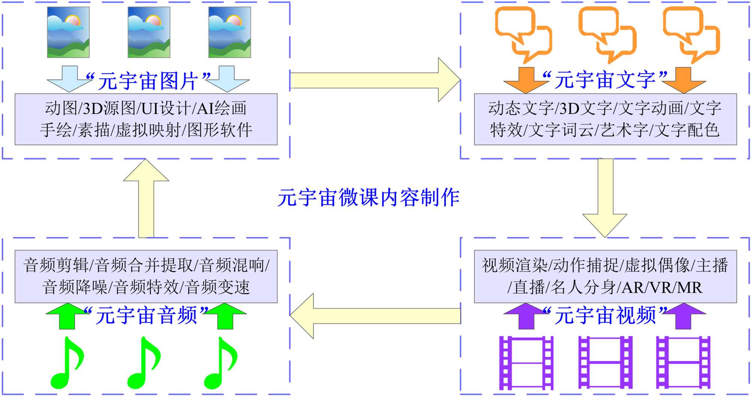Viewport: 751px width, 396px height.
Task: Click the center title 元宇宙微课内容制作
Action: (x=368, y=198)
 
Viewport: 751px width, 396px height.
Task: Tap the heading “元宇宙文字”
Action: (x=605, y=80)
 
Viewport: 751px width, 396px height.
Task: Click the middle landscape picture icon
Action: (x=149, y=32)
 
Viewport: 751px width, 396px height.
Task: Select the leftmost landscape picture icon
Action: (x=68, y=32)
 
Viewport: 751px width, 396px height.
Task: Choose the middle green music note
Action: (x=144, y=363)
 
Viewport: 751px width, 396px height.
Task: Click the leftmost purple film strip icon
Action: (x=526, y=363)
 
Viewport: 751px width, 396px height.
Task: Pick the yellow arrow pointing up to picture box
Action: (x=146, y=198)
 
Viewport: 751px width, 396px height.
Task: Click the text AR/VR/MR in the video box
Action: (x=662, y=288)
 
